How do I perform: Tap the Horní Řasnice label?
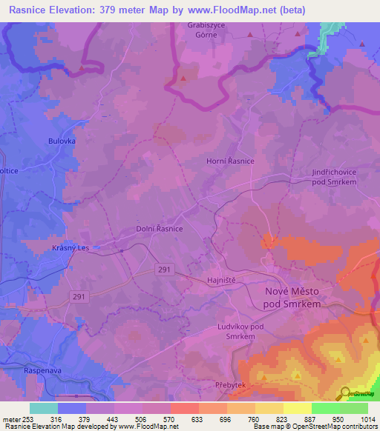(230, 161)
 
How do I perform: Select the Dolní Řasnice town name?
(160, 230)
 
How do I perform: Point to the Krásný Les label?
(71, 248)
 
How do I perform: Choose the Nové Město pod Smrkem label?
(293, 297)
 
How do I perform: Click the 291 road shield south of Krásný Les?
(79, 297)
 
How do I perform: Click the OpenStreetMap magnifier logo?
(344, 393)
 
